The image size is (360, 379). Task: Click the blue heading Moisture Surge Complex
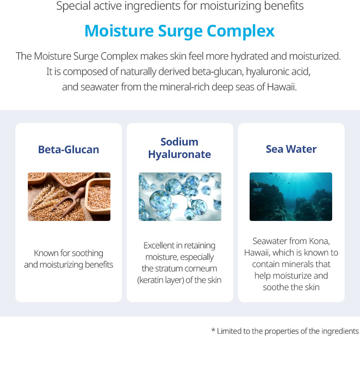tap(180, 31)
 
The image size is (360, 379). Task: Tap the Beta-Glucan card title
tap(69, 149)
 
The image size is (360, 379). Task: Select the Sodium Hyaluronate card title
tap(179, 148)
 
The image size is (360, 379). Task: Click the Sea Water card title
tap(291, 149)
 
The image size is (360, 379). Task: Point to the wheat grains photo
tap(69, 196)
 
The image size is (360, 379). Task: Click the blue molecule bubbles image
tap(180, 196)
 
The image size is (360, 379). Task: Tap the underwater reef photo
tap(291, 196)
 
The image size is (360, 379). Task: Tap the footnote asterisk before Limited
tap(213, 330)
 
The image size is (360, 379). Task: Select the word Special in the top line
tap(73, 6)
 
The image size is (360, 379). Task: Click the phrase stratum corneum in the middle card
tap(190, 269)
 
